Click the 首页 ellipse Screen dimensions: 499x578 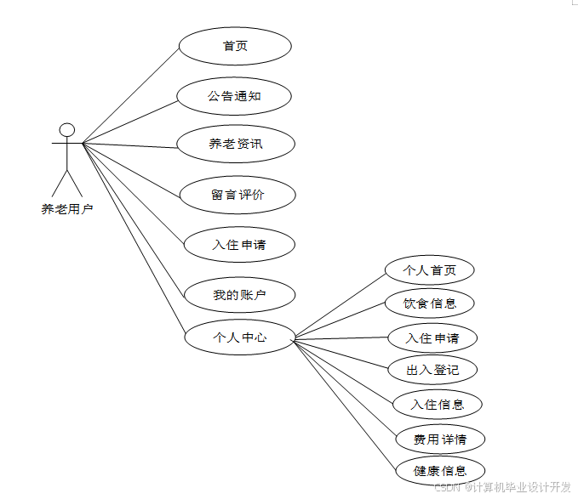tap(235, 46)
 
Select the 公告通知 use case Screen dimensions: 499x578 tap(234, 95)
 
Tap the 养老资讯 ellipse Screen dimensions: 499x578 tap(236, 144)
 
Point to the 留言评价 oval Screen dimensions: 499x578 tap(237, 195)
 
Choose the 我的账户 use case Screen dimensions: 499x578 tap(239, 295)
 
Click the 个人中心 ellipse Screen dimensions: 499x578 tap(239, 337)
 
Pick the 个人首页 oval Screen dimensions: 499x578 tap(429, 270)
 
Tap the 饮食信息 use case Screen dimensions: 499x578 tap(429, 303)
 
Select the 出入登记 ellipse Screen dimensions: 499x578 tap(432, 370)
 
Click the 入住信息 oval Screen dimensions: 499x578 tap(438, 404)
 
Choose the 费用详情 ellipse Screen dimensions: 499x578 tap(440, 439)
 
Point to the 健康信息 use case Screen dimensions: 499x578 tap(440, 470)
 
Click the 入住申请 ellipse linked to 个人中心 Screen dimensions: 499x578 tap(432, 337)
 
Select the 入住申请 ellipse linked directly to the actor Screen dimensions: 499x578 tap(239, 245)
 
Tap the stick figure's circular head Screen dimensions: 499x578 tap(66, 130)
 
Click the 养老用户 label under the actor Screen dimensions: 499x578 tap(66, 208)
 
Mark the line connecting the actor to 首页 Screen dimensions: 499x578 tap(130, 94)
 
